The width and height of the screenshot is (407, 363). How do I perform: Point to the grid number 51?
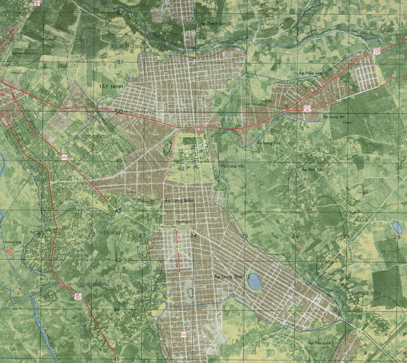[x=121, y=62]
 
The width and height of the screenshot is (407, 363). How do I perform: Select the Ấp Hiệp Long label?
[x=311, y=71]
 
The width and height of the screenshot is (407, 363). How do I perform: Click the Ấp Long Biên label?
[x=176, y=201]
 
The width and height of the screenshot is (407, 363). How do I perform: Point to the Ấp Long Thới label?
[x=227, y=277]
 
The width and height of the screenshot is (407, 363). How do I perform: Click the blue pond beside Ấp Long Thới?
[x=254, y=281]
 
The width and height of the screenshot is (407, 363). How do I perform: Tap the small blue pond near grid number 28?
[x=397, y=227]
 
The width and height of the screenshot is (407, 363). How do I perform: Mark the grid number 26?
[x=296, y=236]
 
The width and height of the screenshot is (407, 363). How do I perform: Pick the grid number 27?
[x=345, y=236]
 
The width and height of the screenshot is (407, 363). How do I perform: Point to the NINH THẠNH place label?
[x=125, y=46]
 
